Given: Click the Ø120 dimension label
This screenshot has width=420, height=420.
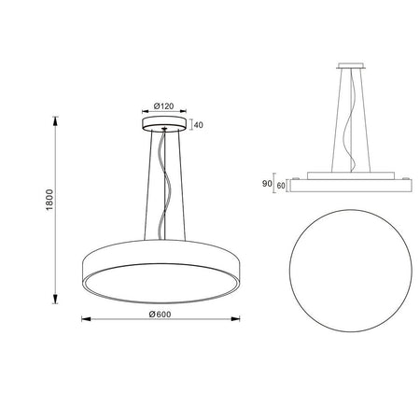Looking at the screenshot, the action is point(163,106).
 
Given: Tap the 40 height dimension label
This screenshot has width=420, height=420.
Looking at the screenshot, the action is point(199,125).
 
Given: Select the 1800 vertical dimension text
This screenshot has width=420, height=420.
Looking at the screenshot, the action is point(49,200).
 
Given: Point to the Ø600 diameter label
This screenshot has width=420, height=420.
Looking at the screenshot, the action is point(160,315).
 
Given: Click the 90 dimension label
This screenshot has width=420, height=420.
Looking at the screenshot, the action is point(267,184).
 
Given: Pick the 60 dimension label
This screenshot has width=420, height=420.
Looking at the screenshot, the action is point(281,186).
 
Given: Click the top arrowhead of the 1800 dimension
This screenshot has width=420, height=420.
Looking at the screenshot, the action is point(55,120).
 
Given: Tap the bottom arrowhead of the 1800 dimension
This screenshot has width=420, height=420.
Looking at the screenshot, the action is point(55,299).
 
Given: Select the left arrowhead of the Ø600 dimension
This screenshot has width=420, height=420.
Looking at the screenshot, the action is point(86,319).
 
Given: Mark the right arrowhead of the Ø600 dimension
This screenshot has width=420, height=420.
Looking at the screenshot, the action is point(235,318).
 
